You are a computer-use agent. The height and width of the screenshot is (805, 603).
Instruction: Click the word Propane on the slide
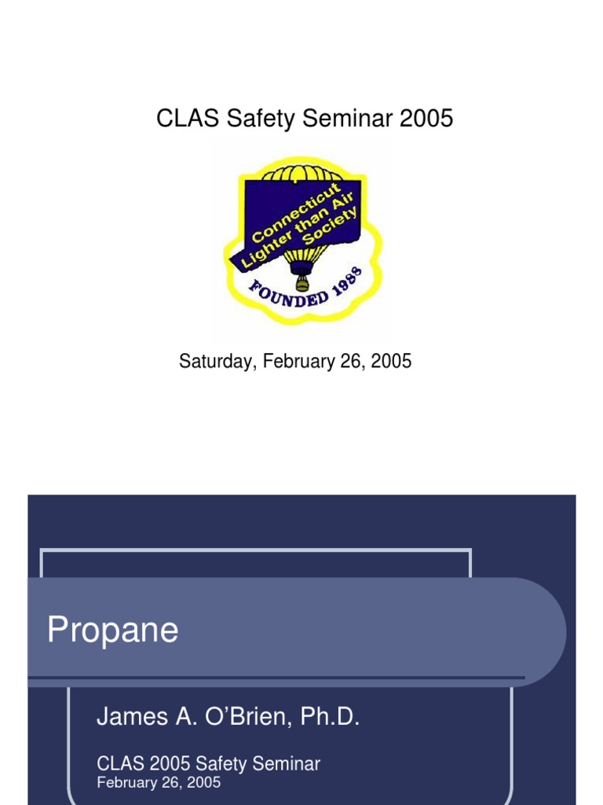click(112, 630)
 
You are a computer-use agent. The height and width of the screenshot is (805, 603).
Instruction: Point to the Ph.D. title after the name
click(328, 717)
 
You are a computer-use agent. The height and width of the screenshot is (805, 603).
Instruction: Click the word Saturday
click(217, 361)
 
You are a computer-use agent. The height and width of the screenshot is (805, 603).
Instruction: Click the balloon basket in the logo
click(301, 284)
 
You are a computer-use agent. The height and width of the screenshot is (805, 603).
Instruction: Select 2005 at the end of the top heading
click(426, 119)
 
